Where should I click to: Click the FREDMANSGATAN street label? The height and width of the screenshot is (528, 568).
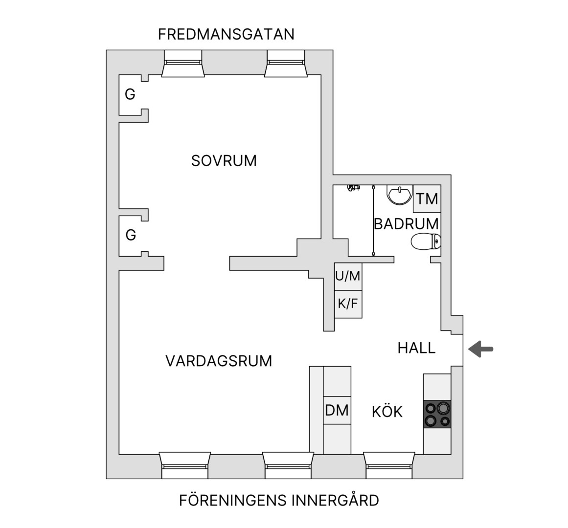(226, 34)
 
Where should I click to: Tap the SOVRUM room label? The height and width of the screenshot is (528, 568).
(224, 161)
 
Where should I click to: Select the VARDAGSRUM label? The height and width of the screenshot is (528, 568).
(219, 361)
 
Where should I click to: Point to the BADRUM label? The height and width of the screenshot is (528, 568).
(406, 224)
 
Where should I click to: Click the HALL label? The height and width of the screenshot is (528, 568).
(416, 348)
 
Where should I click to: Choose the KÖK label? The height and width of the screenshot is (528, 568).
(387, 412)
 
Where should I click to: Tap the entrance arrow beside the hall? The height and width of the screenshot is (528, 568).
(481, 349)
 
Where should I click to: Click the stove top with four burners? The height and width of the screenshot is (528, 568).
(437, 415)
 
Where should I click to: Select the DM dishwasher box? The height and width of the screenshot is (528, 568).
(337, 410)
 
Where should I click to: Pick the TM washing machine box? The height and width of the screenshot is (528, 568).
(427, 198)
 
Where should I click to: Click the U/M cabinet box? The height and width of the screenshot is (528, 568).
(348, 277)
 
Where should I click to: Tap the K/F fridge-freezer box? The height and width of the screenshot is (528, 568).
(348, 304)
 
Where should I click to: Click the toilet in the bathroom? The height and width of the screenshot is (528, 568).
(426, 242)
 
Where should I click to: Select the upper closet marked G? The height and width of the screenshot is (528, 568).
(130, 94)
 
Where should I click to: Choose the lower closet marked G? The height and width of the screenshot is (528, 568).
(131, 235)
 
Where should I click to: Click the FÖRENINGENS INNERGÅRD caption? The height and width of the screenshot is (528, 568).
(279, 501)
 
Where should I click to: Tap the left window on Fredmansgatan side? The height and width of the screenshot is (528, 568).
(183, 64)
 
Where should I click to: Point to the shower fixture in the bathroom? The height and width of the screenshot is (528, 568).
(353, 188)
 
